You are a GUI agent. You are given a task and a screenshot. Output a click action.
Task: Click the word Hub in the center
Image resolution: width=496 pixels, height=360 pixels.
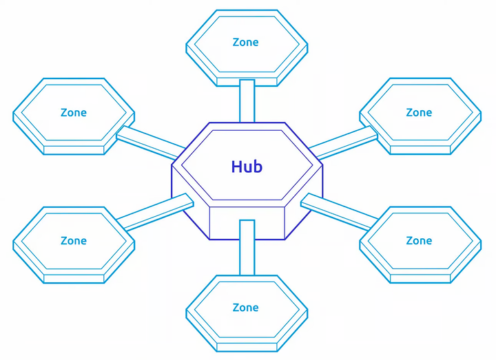pos(247,167)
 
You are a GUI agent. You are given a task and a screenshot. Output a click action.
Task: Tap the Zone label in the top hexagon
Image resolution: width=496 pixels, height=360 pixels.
pos(245,43)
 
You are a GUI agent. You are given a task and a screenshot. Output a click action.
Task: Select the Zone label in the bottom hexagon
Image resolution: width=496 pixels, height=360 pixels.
pos(245,308)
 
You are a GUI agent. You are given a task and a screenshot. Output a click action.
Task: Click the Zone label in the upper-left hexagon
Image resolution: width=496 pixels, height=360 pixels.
pos(74,112)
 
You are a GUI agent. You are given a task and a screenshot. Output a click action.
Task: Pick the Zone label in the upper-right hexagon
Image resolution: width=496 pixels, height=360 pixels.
pos(419,112)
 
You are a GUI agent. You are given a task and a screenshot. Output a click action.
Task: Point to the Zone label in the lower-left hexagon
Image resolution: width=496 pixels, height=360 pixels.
pos(74,241)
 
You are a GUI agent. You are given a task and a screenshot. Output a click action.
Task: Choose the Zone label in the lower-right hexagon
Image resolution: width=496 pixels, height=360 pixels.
pos(419,241)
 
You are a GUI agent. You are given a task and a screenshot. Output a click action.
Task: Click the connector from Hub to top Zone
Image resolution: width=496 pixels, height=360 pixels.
pos(247,100)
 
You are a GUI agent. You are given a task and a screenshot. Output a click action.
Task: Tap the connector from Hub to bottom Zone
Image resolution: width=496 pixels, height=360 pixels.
pos(247,248)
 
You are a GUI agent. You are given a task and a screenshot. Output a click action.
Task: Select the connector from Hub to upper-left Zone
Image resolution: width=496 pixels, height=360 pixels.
pos(151,142)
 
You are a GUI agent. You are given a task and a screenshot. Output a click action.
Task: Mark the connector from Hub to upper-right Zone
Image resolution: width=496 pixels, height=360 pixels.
pos(343,142)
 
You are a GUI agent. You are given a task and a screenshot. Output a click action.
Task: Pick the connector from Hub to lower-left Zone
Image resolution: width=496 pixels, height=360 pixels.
pos(155,212)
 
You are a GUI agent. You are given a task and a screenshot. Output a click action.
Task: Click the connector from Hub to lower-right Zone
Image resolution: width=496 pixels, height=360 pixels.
pos(339,212)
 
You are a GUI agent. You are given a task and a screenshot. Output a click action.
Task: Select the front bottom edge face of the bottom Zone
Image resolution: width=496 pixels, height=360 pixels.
pos(247,347)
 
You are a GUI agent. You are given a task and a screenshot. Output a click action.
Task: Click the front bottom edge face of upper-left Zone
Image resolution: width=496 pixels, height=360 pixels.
pos(74,150)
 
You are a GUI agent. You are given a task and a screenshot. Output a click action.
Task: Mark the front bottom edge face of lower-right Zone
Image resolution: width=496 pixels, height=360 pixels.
pos(420,278)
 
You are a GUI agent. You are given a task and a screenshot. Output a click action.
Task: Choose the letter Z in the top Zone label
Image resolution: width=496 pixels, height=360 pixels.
pos(236,43)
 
